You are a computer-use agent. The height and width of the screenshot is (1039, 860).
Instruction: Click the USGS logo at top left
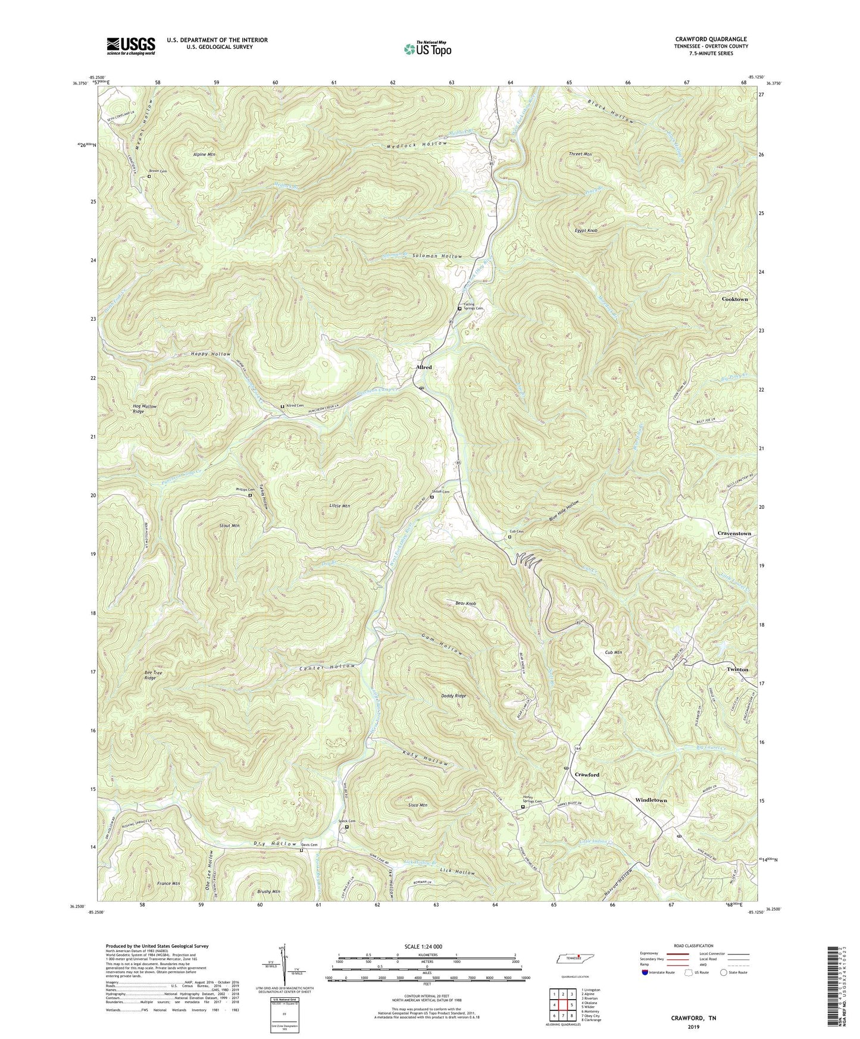(x=131, y=45)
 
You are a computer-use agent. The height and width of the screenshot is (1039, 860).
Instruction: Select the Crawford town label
(x=587, y=775)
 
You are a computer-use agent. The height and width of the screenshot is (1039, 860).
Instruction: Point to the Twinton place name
(x=737, y=669)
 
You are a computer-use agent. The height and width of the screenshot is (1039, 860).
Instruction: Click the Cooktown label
(x=734, y=299)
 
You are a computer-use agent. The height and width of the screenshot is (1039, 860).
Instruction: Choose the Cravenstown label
(x=734, y=533)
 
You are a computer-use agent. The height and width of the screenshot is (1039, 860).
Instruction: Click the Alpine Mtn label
(x=204, y=154)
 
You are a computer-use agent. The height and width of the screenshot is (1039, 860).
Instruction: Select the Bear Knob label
(x=465, y=603)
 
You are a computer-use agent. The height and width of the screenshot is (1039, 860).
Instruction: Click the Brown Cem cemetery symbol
(x=149, y=176)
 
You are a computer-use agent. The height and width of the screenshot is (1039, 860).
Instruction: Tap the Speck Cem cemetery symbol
(x=348, y=826)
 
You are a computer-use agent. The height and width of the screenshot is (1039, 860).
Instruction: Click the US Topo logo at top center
(x=427, y=49)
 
